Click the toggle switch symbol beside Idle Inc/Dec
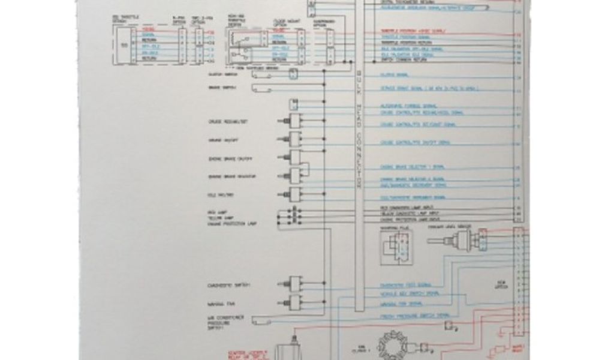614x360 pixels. (x=294, y=194)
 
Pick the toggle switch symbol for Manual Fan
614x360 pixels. (x=294, y=301)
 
